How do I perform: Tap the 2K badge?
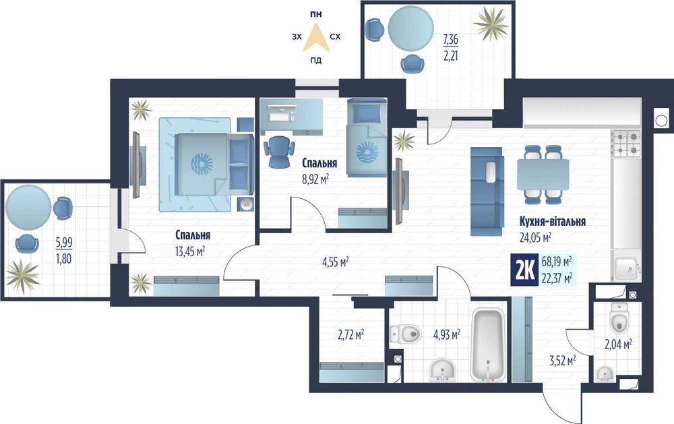coord(524,270)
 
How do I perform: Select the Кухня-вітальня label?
coord(553,222)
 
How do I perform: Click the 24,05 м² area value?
coord(535,237)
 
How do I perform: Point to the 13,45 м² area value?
coord(189,251)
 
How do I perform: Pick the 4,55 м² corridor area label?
coord(335,262)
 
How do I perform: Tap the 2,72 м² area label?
coord(350,334)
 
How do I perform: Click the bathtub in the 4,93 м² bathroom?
coord(488,344)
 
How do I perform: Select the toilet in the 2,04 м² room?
coord(619,317)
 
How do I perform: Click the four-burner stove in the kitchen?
coord(627,144)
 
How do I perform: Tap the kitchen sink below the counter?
coord(626,269)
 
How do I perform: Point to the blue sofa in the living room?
coord(487,191)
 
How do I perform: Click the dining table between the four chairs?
coord(543,175)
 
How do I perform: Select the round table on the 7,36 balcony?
coord(410,28)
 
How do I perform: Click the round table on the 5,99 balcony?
coord(29,207)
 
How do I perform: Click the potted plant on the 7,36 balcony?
coord(491,24)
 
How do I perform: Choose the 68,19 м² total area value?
coord(557,261)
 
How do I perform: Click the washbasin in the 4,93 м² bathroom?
coord(443,370)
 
